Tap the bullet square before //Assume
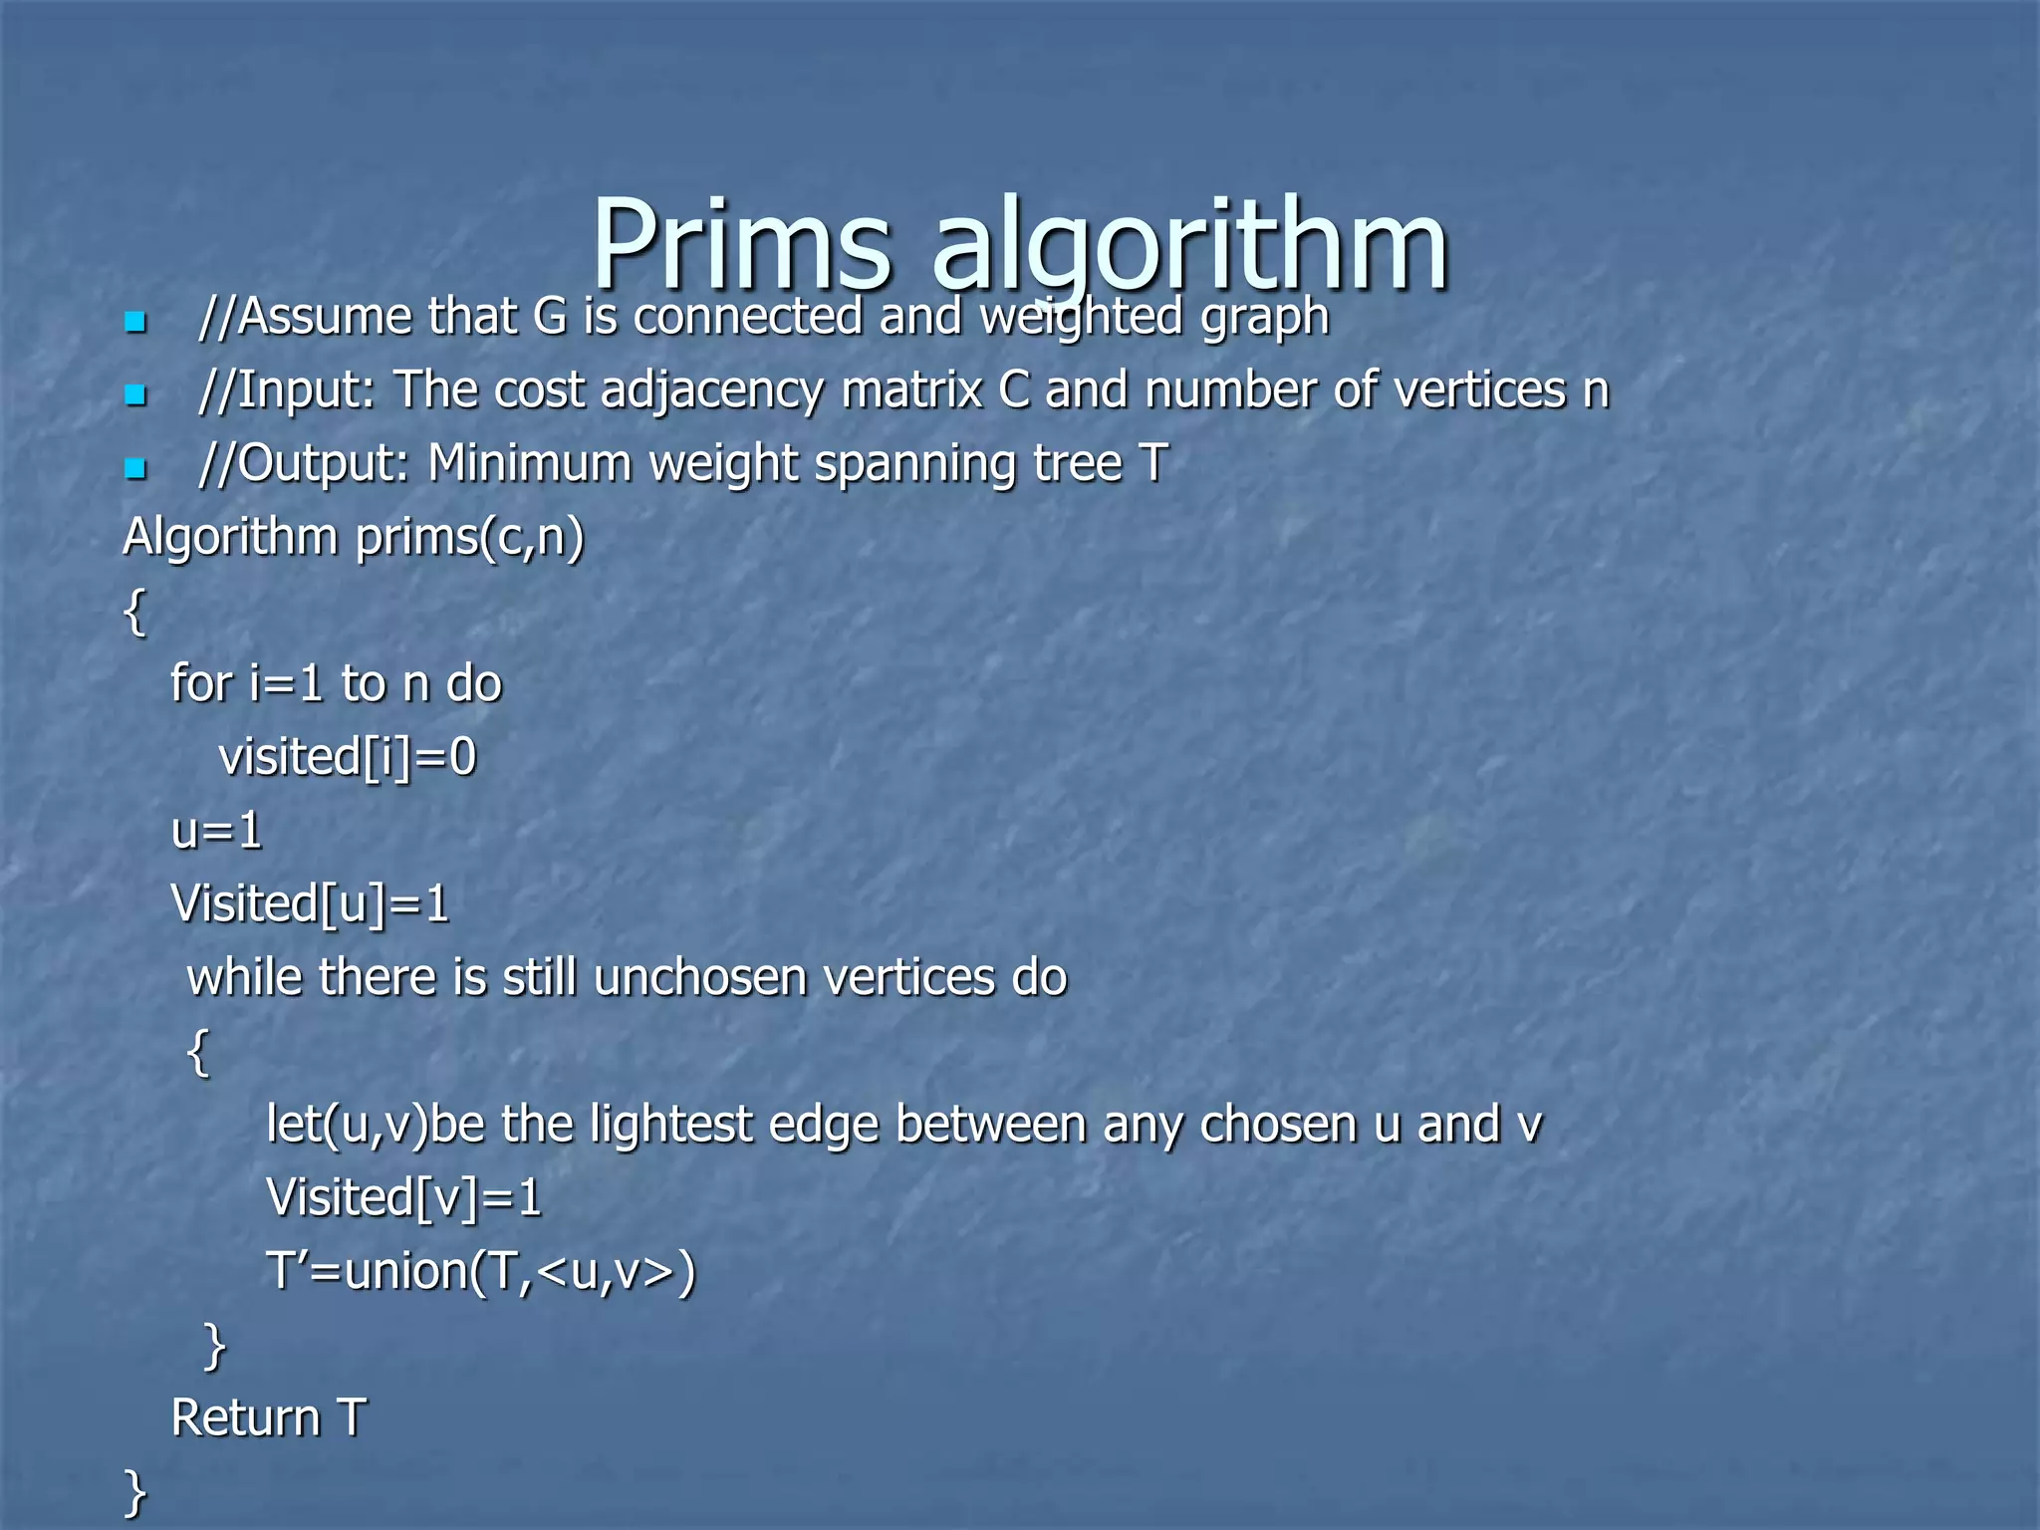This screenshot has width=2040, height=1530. click(x=135, y=322)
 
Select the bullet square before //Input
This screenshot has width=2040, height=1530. click(x=135, y=394)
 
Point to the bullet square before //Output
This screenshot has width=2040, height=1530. click(x=135, y=467)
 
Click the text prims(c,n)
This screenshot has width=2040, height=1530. click(x=469, y=538)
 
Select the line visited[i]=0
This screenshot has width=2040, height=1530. click(x=348, y=757)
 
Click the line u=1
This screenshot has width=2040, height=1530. click(x=216, y=831)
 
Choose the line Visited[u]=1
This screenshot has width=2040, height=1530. click(x=310, y=904)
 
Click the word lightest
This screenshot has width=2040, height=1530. click(x=670, y=1125)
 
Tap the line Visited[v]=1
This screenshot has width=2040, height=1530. click(x=403, y=1198)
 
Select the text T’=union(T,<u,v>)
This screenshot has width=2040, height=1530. click(x=480, y=1272)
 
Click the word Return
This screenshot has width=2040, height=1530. click(x=245, y=1418)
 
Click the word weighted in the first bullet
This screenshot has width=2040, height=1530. click(x=1082, y=318)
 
